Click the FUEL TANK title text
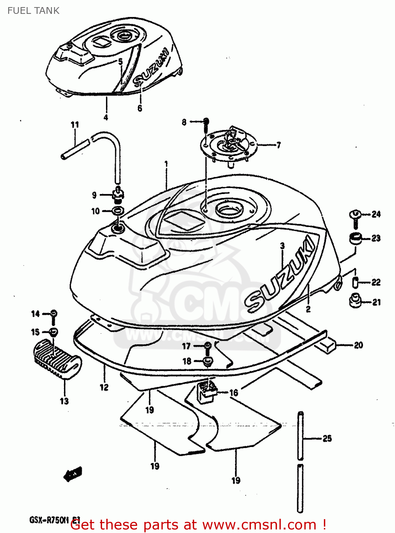[x=33, y=11]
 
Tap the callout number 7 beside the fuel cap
[x=278, y=145]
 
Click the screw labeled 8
[x=206, y=123]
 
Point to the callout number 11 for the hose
[x=75, y=125]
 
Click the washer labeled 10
[x=118, y=211]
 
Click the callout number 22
[x=376, y=282]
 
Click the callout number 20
[x=358, y=345]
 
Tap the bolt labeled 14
[x=53, y=314]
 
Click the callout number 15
[x=35, y=332]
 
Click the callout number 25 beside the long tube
[x=327, y=438]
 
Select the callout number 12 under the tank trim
[x=104, y=387]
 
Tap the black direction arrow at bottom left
[x=73, y=474]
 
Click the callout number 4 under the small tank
[x=106, y=117]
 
